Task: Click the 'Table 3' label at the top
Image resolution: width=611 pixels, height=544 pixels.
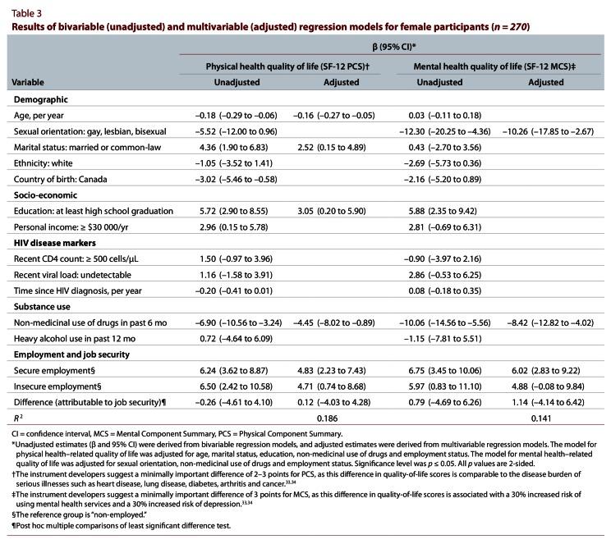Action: (25, 10)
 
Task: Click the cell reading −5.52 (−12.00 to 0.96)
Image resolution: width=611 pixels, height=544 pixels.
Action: (237, 131)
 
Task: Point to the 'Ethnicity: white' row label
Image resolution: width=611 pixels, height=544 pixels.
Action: (46, 162)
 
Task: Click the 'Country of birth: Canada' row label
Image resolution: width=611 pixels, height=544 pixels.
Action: (62, 178)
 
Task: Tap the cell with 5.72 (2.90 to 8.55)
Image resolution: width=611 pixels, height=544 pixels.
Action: (237, 211)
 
